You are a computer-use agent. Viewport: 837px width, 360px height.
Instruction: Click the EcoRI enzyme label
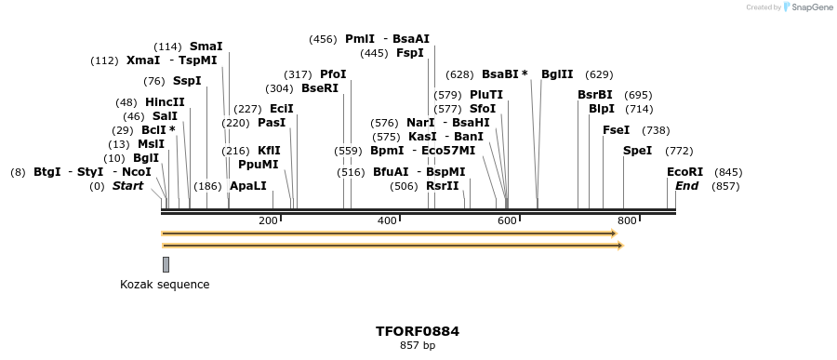click(x=684, y=172)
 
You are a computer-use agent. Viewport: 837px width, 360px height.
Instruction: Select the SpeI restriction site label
click(x=637, y=151)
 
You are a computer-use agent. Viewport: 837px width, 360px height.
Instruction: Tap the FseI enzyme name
click(x=616, y=130)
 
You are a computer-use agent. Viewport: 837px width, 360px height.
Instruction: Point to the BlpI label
click(x=601, y=109)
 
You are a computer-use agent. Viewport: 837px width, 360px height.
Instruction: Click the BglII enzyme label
click(x=557, y=74)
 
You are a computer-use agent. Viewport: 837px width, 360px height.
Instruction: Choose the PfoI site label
click(x=333, y=74)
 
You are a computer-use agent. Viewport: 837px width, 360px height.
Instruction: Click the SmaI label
click(x=206, y=47)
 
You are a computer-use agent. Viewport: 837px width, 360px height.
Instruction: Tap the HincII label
click(x=165, y=102)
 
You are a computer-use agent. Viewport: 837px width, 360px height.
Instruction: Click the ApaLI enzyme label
click(x=247, y=186)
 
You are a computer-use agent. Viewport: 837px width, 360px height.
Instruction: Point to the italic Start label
click(x=127, y=186)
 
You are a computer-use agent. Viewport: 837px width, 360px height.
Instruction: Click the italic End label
click(x=686, y=186)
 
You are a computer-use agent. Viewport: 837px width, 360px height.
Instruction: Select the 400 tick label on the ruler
click(x=387, y=220)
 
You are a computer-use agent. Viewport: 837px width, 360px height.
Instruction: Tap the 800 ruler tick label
click(x=627, y=220)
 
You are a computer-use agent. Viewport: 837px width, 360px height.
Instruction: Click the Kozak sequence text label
click(x=165, y=285)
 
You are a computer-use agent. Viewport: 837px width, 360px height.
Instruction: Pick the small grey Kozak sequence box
click(x=166, y=265)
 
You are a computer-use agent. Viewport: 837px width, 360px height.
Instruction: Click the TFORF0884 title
click(x=418, y=331)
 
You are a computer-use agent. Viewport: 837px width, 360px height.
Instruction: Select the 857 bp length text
click(x=418, y=346)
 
